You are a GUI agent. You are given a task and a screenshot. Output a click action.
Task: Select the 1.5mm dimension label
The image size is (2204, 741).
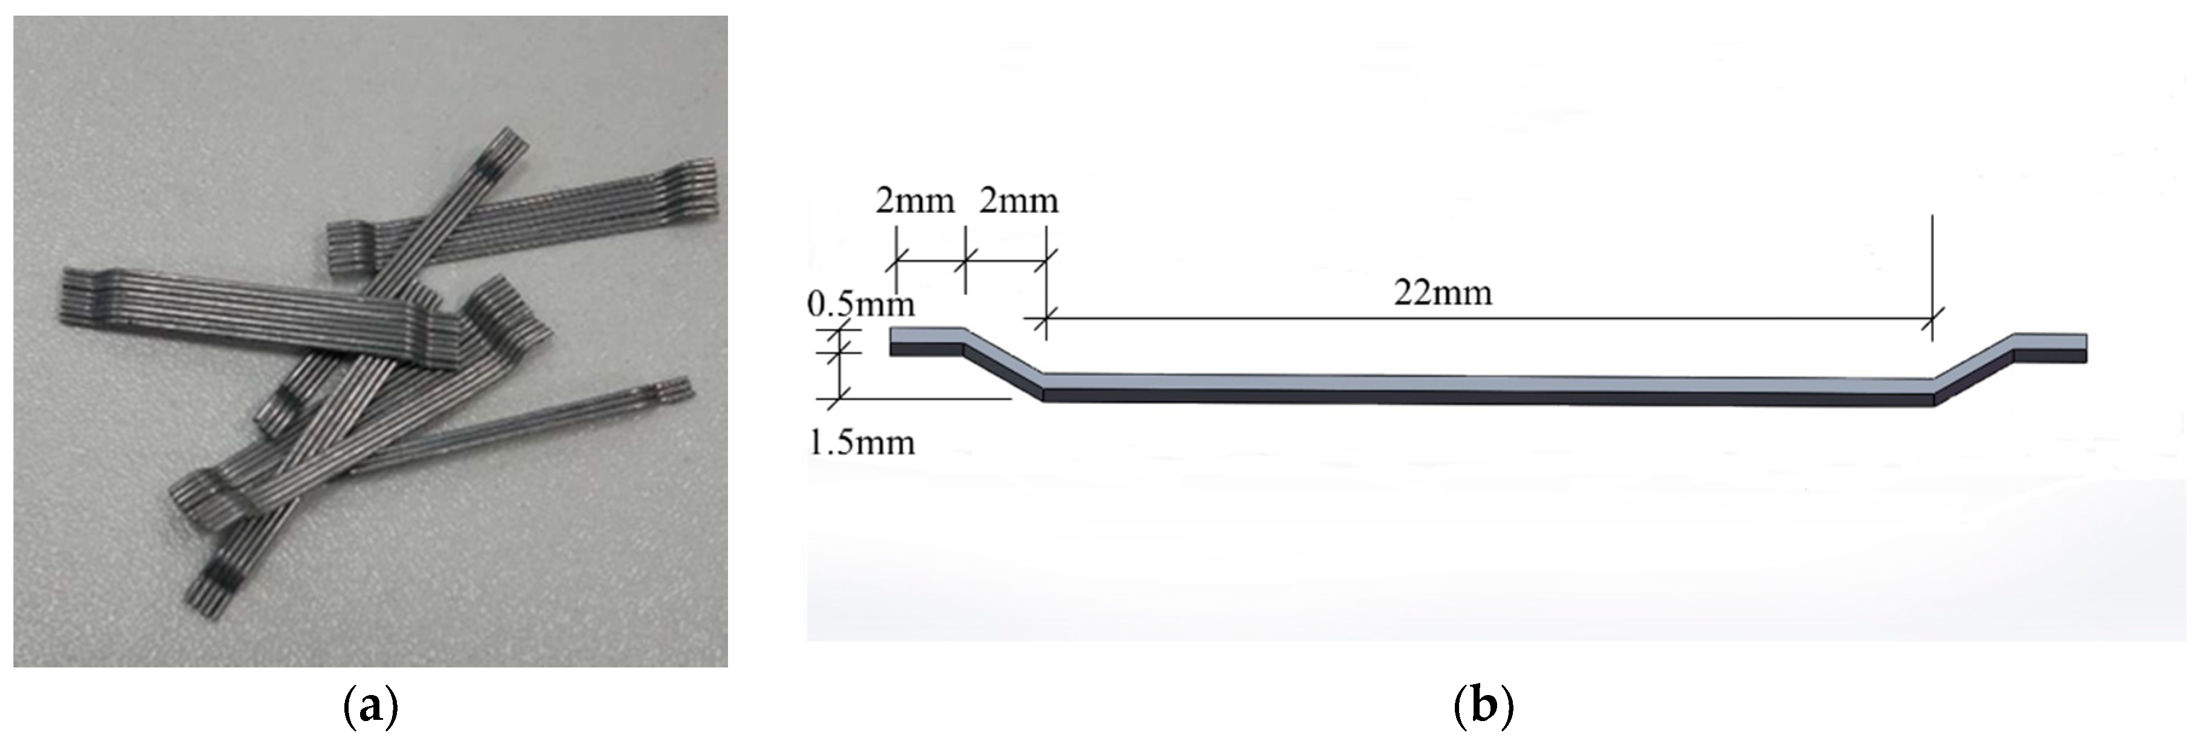[x=861, y=442]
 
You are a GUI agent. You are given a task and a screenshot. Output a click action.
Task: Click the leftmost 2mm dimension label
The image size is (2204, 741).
[x=915, y=201]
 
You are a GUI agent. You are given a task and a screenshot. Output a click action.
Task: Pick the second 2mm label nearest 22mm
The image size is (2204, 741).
[x=1018, y=201]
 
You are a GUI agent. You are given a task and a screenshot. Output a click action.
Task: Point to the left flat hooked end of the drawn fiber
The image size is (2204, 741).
[x=927, y=340]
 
